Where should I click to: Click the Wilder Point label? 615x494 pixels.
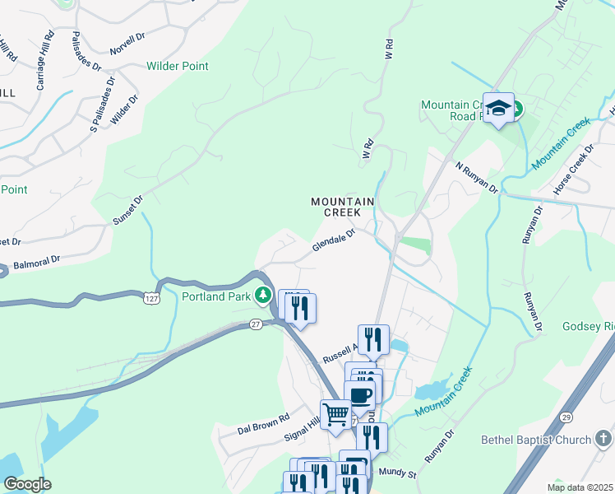coord(177,66)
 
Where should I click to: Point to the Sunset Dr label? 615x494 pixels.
coord(127,211)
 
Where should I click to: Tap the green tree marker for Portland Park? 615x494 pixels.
coord(263,294)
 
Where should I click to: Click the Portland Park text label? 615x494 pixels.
coord(215,296)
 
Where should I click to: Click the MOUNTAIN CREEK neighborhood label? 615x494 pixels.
coord(342,207)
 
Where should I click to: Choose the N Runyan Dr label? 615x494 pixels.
coord(477,177)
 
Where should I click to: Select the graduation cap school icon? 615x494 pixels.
coord(498,109)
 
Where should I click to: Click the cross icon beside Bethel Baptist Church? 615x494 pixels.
coord(603,438)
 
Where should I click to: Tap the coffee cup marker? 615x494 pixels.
coord(359,394)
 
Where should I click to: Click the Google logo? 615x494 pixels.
coord(27,484)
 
